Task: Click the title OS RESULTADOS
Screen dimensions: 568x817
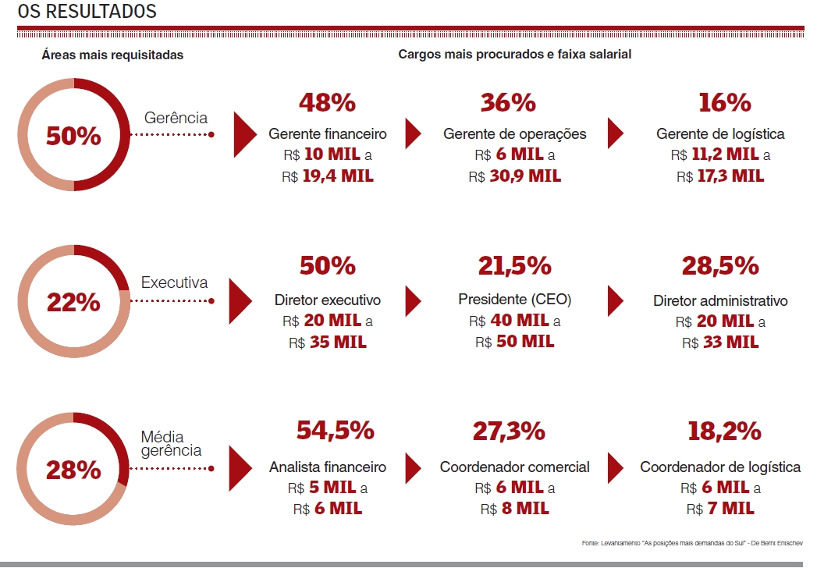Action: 87,12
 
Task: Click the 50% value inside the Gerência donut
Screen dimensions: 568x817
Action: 73,136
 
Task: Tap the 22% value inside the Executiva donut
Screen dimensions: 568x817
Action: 73,302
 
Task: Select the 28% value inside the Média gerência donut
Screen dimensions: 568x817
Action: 73,470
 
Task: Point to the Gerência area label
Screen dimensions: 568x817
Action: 176,118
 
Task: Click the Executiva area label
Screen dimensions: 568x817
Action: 175,282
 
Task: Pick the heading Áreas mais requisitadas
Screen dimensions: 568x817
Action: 112,55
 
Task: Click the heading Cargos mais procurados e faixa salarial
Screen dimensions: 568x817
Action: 515,55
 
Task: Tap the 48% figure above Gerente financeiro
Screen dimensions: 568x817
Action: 327,102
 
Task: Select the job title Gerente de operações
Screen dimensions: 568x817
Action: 515,134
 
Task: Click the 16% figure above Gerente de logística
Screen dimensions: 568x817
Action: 720,102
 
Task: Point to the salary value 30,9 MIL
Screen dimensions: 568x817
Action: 524,176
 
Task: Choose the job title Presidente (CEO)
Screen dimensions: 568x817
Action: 515,300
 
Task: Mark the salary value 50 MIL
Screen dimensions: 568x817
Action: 525,342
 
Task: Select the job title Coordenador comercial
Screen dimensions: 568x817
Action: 515,467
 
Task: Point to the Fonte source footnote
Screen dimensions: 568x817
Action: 692,542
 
